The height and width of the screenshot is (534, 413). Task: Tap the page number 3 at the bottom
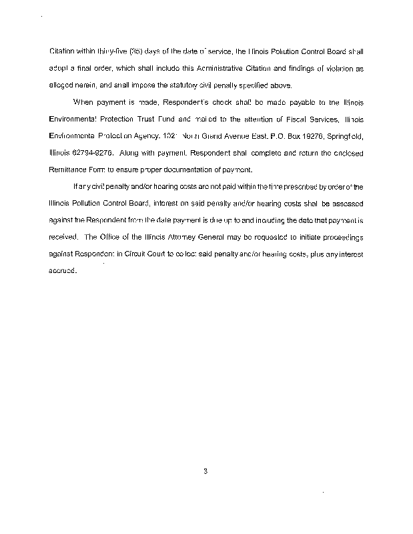206,472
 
